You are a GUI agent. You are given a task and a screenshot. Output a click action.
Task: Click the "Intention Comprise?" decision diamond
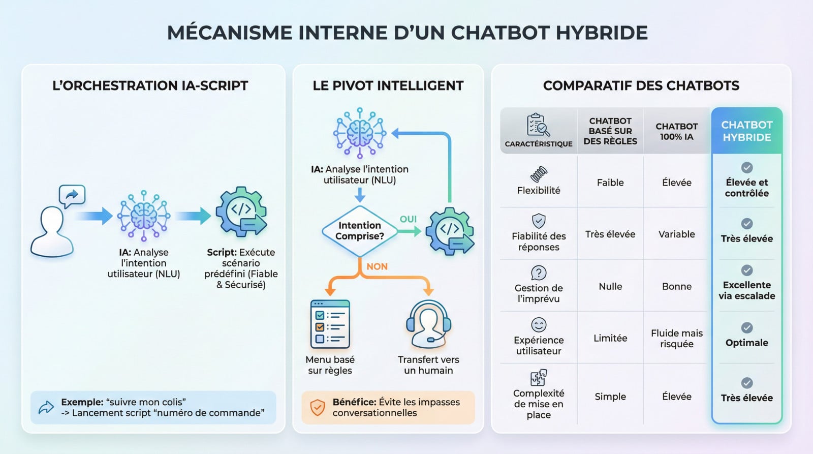tap(359, 231)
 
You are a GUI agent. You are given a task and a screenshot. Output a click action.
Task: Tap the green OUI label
tap(408, 219)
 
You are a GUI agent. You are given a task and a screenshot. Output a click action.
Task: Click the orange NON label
tap(377, 266)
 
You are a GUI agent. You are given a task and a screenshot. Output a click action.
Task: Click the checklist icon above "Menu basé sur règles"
tap(330, 324)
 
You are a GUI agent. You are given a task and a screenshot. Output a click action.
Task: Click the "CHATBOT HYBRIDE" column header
tap(746, 131)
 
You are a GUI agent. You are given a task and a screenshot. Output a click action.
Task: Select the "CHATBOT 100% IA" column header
tap(676, 131)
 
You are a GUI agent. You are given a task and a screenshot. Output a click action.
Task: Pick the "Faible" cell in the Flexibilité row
tap(610, 183)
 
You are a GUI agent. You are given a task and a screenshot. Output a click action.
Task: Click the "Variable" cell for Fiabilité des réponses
tap(676, 234)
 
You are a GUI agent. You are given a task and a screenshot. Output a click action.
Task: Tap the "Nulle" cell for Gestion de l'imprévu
tap(610, 287)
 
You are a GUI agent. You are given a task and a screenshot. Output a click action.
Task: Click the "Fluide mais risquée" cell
tap(676, 339)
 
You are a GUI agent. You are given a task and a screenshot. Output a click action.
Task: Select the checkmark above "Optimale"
tap(746, 328)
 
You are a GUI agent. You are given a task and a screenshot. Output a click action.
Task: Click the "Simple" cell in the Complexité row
tap(610, 397)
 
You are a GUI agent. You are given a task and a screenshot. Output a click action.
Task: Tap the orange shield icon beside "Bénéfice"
tap(318, 407)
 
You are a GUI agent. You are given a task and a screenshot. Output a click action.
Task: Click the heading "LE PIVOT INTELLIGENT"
tap(388, 86)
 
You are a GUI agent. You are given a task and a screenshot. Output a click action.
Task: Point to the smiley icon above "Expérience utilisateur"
tap(539, 324)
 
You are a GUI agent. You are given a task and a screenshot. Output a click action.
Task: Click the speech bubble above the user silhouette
tap(72, 195)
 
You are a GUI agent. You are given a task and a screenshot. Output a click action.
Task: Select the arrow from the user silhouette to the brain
tap(94, 216)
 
